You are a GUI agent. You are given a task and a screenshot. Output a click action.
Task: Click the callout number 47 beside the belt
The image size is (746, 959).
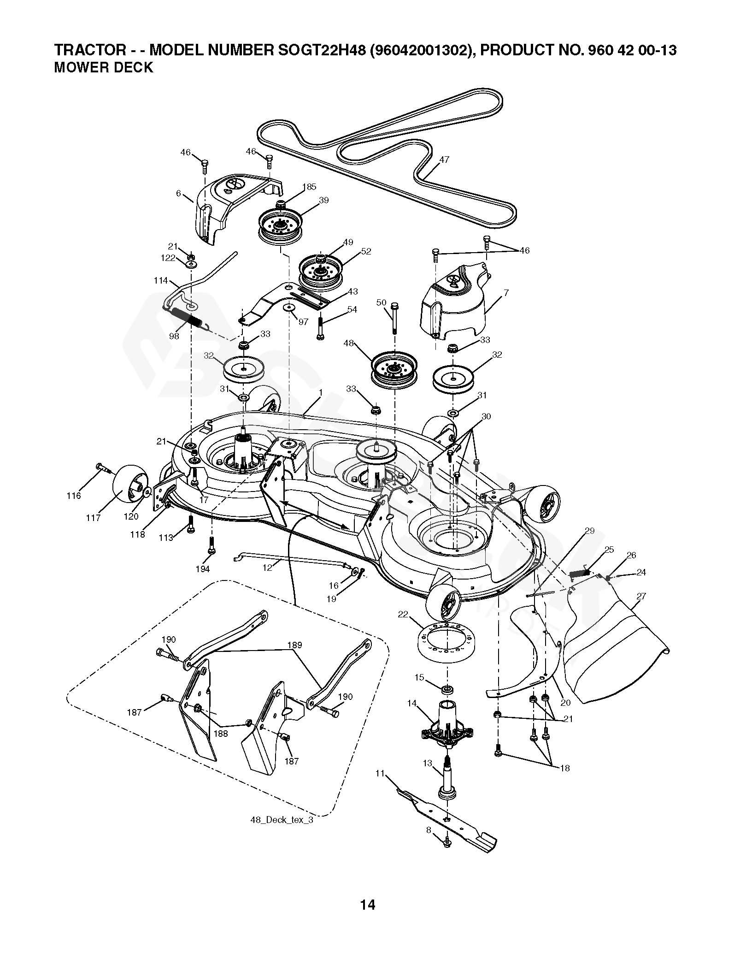(444, 160)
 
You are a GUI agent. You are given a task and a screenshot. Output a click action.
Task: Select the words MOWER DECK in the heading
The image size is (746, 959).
(103, 67)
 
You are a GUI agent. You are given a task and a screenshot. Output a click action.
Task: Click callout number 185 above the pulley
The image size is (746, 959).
(309, 187)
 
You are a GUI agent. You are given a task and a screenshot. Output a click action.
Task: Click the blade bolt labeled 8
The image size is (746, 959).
(447, 842)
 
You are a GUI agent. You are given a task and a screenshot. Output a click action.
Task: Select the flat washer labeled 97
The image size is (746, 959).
(290, 308)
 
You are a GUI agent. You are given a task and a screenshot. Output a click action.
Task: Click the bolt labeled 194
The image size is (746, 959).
(211, 545)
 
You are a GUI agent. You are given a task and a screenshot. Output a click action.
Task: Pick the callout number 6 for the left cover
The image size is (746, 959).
(178, 194)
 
